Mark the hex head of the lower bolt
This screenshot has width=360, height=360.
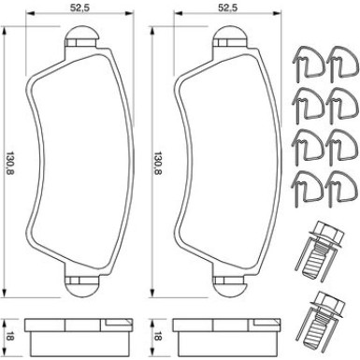click(x=324, y=302)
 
